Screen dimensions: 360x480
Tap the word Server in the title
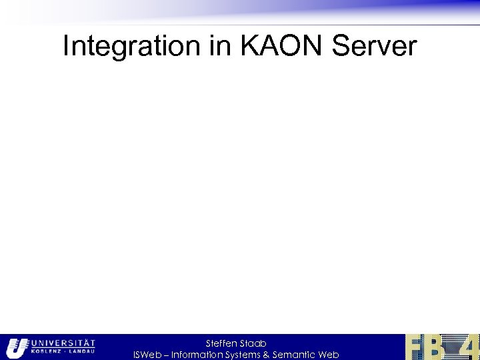(x=374, y=47)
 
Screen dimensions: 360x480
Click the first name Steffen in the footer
(x=221, y=343)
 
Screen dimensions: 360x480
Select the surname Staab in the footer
(x=253, y=343)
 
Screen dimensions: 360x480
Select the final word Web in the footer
(x=329, y=355)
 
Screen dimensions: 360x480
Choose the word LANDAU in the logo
(x=82, y=351)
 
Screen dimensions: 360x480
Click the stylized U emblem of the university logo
(x=15, y=347)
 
